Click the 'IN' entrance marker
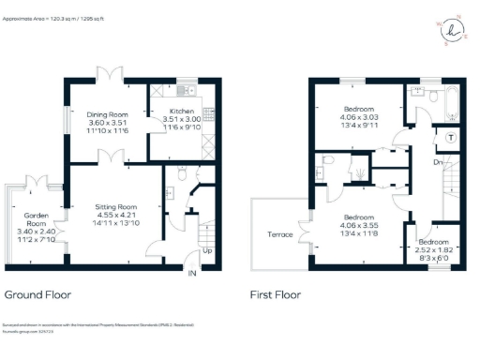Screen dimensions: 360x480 coord(192,273)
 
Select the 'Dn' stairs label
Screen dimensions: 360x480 coord(437,162)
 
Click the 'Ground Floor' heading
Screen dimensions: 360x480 coord(38,294)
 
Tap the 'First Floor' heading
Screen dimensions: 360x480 coord(276,294)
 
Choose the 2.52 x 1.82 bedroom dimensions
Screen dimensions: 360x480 coord(438,250)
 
